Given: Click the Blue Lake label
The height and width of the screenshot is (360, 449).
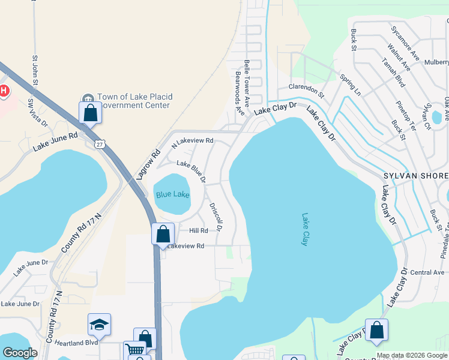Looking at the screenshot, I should click(x=172, y=195).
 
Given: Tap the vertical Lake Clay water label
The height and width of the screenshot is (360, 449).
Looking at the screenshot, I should click(x=304, y=229).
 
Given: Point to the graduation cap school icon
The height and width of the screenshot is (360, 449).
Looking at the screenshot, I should click(x=99, y=325).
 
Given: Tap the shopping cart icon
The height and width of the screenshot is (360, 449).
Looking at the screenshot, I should click(x=134, y=350).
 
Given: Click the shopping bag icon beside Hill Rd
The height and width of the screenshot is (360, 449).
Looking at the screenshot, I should click(x=163, y=234).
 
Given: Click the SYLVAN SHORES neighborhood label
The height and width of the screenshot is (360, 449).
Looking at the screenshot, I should click(x=416, y=175).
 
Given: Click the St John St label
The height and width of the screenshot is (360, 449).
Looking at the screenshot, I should click(x=35, y=71).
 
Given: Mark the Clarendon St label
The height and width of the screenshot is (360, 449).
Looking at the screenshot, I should click(x=306, y=91).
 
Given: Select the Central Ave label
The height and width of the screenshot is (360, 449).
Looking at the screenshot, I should click(x=427, y=272).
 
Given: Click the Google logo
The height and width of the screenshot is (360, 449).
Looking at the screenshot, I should click(x=20, y=353).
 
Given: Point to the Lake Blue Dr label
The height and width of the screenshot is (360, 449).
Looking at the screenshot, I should click(x=191, y=171).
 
